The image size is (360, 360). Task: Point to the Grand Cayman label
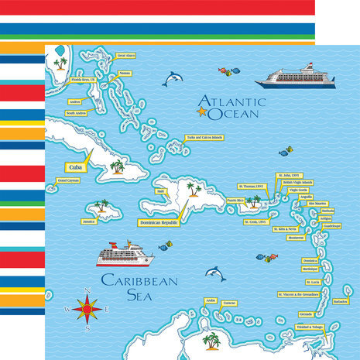click(68, 181)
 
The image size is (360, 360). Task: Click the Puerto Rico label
click(235, 200)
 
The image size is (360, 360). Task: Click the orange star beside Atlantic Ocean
click(203, 113)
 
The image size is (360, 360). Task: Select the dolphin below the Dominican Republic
click(215, 273)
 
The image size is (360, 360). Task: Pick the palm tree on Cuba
click(117, 166)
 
